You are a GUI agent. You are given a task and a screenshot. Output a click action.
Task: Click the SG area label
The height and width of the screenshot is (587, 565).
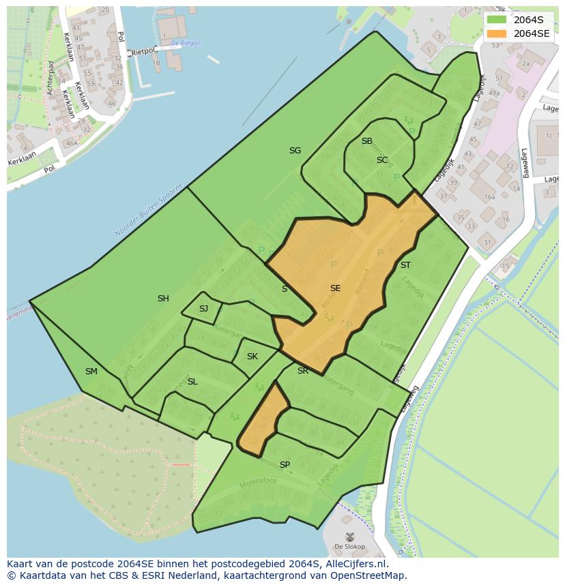295,151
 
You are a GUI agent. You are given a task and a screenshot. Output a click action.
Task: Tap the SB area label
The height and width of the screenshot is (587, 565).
367,141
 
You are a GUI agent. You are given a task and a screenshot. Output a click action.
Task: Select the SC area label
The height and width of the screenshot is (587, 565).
382,160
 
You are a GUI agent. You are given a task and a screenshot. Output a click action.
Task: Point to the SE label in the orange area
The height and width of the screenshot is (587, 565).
335,288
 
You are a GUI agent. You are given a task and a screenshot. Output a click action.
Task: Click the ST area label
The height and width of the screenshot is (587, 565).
405,265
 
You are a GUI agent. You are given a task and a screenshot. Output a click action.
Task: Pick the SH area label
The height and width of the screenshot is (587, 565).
163,299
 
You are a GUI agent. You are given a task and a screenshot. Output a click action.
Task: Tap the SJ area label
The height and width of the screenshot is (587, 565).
203,309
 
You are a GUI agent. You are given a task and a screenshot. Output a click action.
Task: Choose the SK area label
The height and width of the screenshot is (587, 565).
252,357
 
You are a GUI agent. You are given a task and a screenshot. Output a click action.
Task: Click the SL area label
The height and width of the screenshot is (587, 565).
192,382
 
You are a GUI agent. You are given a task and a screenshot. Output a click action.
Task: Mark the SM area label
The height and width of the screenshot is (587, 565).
91,372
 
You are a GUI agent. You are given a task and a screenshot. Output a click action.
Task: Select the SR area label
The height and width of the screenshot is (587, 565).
303,371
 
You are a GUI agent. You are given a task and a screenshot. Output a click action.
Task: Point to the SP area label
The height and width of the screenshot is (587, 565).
285,465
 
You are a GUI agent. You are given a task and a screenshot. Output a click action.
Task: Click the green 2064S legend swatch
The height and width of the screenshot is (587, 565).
497,19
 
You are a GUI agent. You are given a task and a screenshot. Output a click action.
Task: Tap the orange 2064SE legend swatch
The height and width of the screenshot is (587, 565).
497,33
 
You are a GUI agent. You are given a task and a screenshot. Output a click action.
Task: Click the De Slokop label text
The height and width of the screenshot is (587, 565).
349,547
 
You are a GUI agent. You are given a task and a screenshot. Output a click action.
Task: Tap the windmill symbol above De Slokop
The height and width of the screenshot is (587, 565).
349,537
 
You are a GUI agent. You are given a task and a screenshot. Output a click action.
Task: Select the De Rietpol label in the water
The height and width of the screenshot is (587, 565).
186,43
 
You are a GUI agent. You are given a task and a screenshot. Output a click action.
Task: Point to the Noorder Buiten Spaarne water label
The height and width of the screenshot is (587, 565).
148,211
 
